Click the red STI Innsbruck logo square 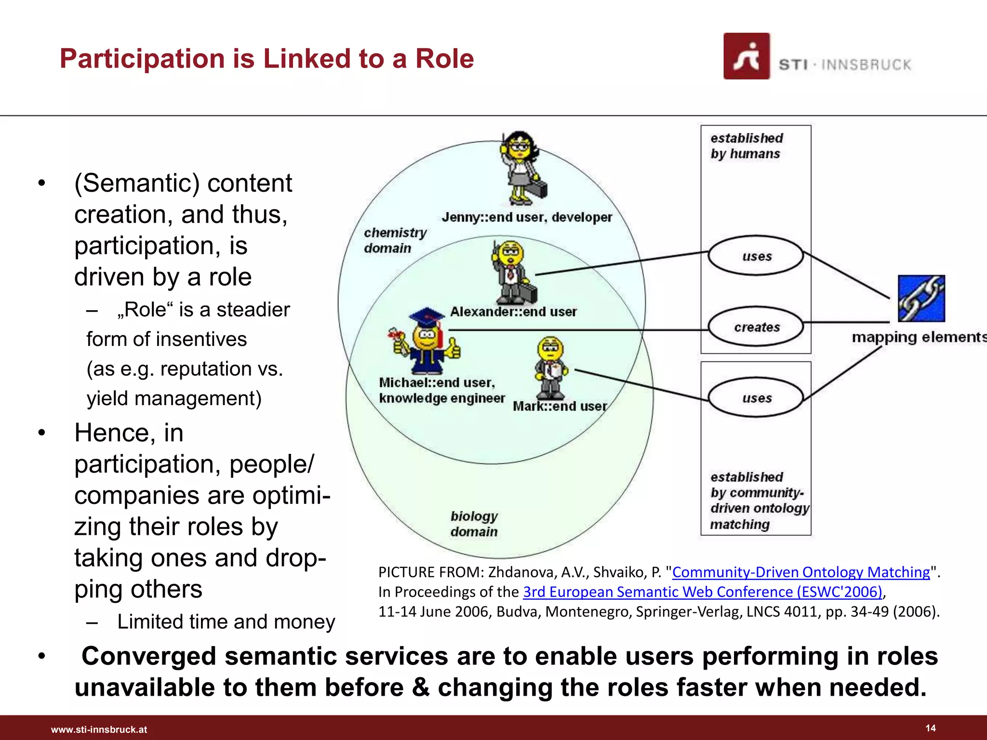746,56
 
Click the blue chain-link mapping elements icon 921,298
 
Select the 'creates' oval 756,327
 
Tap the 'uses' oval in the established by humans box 756,256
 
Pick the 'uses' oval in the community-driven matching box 756,398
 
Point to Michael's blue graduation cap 426,317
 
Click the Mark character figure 550,366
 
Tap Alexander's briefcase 527,292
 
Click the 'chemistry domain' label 395,240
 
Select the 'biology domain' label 474,524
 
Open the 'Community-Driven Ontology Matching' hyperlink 800,572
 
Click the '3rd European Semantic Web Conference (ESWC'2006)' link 703,592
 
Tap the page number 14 930,728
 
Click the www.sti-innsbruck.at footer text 99,729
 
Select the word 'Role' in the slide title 444,59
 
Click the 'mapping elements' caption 918,337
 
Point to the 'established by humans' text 746,145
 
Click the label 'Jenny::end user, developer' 526,217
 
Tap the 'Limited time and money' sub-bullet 226,621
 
